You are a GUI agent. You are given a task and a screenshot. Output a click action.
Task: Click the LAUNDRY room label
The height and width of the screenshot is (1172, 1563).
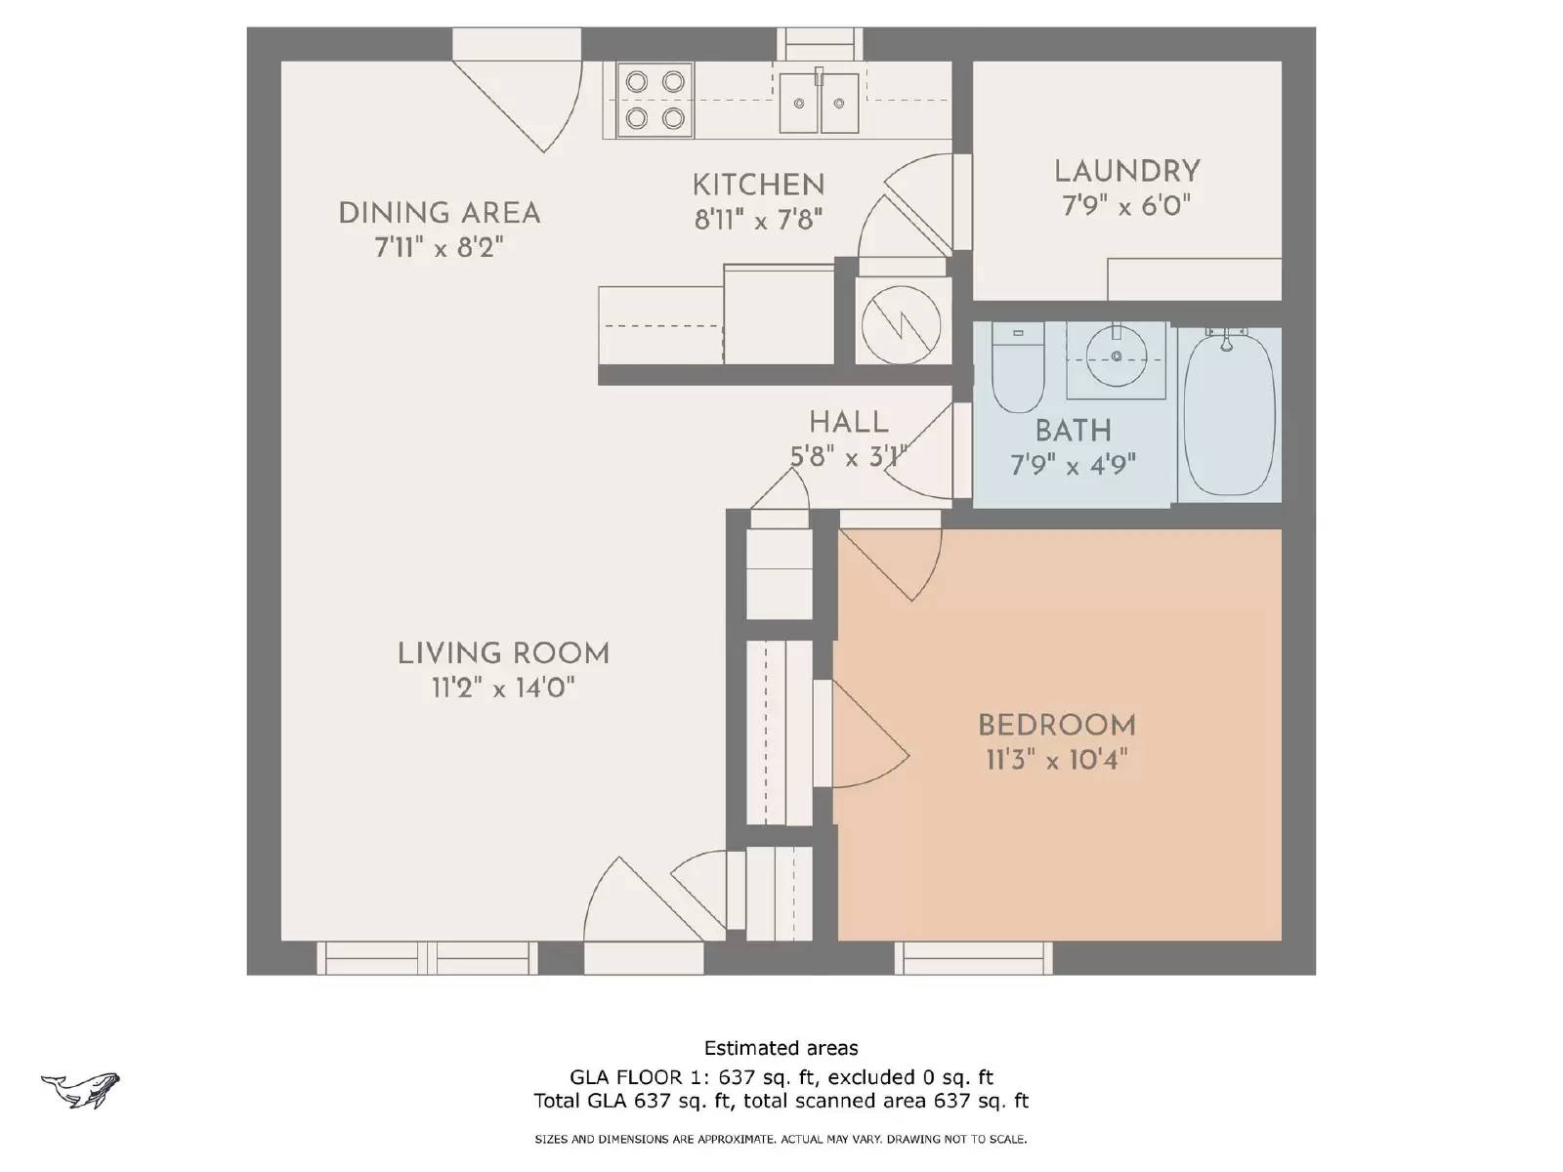1126,171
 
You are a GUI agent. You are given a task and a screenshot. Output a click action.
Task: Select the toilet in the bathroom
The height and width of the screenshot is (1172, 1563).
1018,370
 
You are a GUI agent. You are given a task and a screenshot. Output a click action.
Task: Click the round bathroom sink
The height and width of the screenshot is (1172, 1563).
1117,358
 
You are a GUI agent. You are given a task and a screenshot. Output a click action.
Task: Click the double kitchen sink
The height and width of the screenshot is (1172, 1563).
819,102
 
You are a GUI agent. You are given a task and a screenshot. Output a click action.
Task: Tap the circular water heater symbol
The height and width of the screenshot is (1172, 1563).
902,321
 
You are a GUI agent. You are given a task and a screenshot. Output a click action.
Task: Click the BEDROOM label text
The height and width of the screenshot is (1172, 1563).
1056,726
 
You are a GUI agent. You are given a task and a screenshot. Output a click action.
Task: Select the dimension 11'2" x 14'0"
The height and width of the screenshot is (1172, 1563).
502,689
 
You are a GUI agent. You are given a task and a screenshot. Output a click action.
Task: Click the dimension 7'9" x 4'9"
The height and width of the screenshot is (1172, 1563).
1073,465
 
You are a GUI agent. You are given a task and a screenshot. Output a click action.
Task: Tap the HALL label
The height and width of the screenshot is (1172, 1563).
848,423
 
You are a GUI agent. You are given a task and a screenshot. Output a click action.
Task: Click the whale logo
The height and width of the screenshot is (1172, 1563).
80,1089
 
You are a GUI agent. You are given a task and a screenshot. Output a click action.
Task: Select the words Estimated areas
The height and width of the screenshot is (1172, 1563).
781,1048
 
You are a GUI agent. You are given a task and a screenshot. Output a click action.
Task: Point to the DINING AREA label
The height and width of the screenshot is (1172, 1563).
439,213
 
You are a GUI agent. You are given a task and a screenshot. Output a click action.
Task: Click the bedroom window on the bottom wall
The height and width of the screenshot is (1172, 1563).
974,958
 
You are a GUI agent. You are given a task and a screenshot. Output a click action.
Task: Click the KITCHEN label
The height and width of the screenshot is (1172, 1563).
758,185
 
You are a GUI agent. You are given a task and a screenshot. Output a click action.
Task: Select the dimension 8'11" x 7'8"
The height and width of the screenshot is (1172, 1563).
758,220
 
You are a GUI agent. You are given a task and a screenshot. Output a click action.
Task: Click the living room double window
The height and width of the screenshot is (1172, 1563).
427,958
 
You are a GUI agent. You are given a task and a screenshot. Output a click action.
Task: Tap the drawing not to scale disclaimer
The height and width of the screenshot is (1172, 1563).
781,1139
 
